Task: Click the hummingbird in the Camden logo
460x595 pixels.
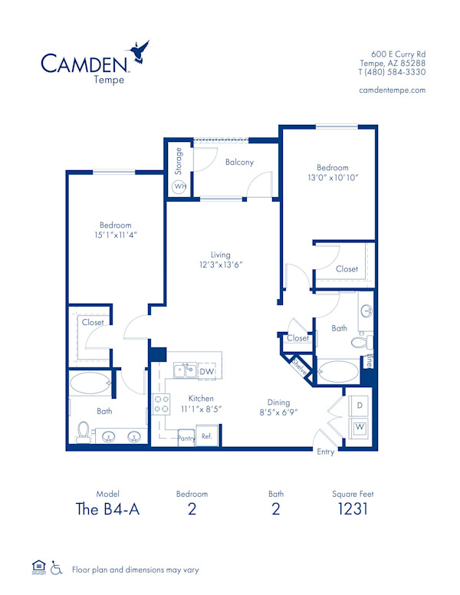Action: click(x=140, y=51)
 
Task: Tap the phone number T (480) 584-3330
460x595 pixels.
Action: click(x=392, y=72)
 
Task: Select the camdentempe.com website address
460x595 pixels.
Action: click(x=392, y=90)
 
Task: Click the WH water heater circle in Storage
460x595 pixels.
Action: click(x=179, y=186)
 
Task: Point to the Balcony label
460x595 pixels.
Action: click(x=239, y=163)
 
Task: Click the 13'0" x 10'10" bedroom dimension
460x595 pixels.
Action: click(x=332, y=177)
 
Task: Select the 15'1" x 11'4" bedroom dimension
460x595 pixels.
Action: click(x=115, y=235)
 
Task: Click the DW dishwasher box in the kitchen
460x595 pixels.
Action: click(x=206, y=373)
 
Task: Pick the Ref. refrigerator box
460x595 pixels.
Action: click(x=207, y=436)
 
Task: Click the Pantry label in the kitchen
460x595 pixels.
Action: click(x=186, y=438)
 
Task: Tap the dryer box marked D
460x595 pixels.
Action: click(x=358, y=406)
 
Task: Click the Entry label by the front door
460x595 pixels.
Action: click(x=326, y=452)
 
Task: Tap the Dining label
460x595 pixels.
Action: click(x=278, y=402)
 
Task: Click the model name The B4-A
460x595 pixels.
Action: click(x=108, y=509)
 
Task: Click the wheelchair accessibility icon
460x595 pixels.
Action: click(x=55, y=569)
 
